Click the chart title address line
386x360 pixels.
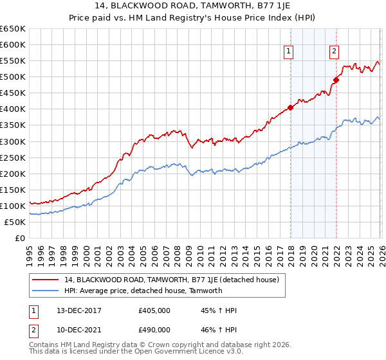tap(193, 7)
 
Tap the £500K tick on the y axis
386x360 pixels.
tap(13, 77)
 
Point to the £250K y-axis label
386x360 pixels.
tap(13, 157)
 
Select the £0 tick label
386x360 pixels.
tap(19, 238)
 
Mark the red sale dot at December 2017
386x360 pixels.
tap(290, 107)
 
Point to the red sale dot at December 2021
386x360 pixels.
tap(335, 80)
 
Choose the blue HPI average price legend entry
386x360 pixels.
tap(143, 291)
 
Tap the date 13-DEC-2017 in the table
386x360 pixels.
tap(73, 310)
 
